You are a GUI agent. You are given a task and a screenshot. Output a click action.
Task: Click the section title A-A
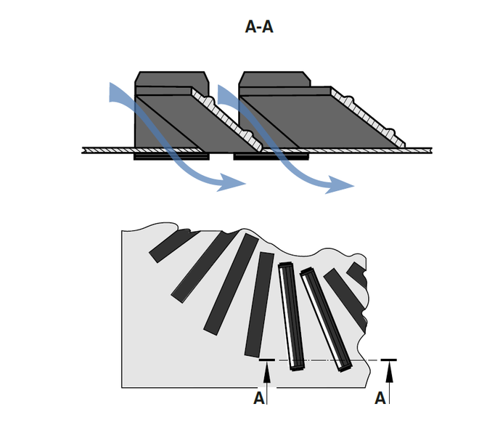[x=260, y=28]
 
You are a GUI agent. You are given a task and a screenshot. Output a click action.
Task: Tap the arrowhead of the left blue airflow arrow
[x=237, y=183]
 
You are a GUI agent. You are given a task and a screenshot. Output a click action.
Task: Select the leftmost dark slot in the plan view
[x=167, y=246]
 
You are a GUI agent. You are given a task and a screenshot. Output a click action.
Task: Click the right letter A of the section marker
[x=380, y=398]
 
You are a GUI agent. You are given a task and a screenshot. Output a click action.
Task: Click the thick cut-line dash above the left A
[x=267, y=360]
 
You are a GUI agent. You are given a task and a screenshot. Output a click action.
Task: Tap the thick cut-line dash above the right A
[x=389, y=360]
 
